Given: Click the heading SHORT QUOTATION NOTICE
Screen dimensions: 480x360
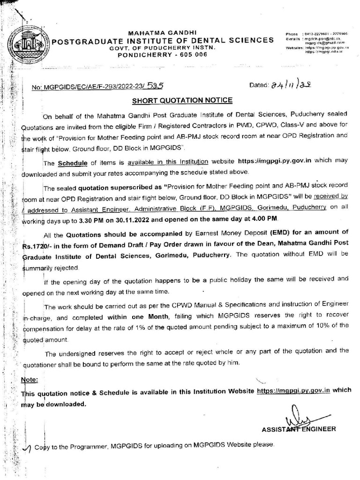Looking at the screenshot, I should (x=182, y=100).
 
